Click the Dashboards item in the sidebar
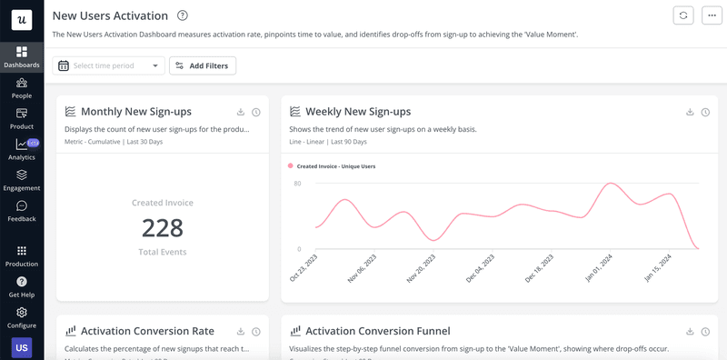22,57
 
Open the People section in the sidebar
22,87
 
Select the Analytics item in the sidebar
22,149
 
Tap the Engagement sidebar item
22,180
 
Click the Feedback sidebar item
22,211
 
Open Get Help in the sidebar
22,287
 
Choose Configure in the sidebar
22,317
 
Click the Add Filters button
203,65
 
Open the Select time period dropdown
110,65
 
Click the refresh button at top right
682,15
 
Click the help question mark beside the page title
183,15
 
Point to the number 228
163,227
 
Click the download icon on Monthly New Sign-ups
241,112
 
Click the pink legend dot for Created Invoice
291,166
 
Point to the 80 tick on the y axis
297,184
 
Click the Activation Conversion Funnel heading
378,331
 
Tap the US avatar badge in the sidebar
21,347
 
